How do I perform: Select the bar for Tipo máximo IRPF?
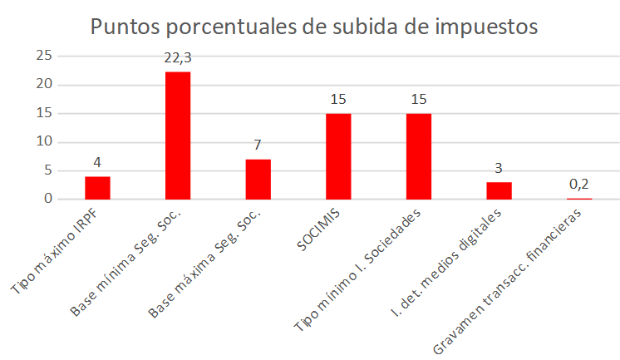(x=97, y=188)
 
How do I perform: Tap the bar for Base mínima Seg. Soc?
(x=178, y=136)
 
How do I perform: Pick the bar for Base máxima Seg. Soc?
(x=258, y=179)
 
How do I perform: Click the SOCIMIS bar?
(x=338, y=156)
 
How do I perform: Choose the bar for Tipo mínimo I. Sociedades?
(x=419, y=156)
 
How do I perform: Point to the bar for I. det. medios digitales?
(x=499, y=190)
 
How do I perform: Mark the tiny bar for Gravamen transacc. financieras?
(x=579, y=199)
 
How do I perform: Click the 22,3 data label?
(x=178, y=57)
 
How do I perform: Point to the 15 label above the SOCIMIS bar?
(x=338, y=99)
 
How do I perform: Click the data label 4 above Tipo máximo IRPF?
(x=97, y=162)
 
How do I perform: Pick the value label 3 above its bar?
(x=499, y=168)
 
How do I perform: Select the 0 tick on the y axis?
(x=48, y=200)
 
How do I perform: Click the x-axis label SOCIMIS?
(x=323, y=229)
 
